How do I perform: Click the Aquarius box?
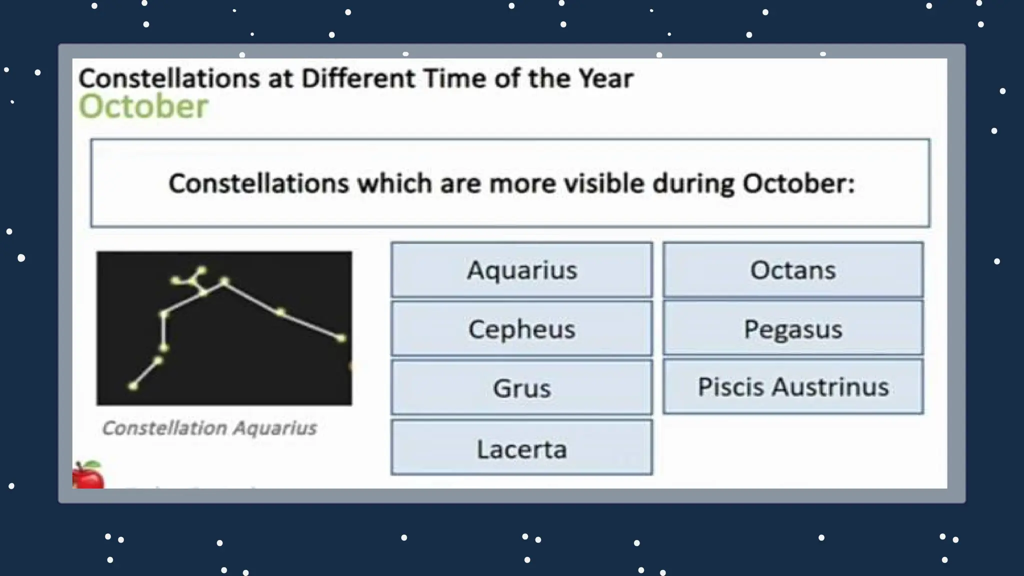pyautogui.click(x=521, y=270)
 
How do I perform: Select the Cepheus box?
pyautogui.click(x=521, y=329)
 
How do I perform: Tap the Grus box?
pyautogui.click(x=521, y=388)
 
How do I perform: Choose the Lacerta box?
pyautogui.click(x=521, y=448)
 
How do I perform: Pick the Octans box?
pyautogui.click(x=793, y=270)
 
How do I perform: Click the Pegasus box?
pyautogui.click(x=793, y=329)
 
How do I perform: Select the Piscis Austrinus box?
pyautogui.click(x=793, y=387)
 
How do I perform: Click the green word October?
pyautogui.click(x=143, y=106)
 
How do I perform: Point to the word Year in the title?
pyautogui.click(x=605, y=78)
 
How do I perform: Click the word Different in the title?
pyautogui.click(x=358, y=78)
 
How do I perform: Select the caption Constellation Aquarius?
pyautogui.click(x=209, y=428)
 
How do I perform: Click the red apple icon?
pyautogui.click(x=88, y=475)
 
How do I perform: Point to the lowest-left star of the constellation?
pyautogui.click(x=133, y=385)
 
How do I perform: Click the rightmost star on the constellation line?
pyautogui.click(x=341, y=338)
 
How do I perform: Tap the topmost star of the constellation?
pyautogui.click(x=201, y=270)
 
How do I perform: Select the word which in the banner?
pyautogui.click(x=394, y=183)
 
